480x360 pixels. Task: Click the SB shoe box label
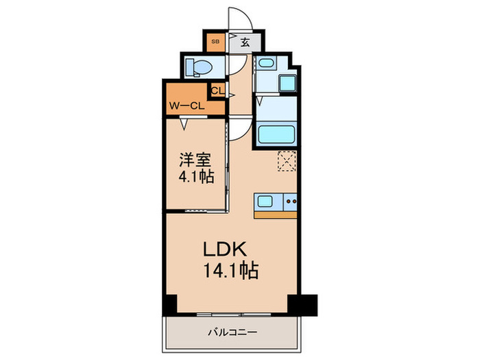pos(215,42)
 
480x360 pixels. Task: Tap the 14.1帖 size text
pos(229,272)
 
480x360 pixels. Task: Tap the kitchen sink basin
pos(265,202)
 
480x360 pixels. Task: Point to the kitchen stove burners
pos(291,202)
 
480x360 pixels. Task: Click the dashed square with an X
pos(286,160)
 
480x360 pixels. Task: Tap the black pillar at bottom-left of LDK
pos(169,302)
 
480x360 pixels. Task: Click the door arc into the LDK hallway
pos(239,126)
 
